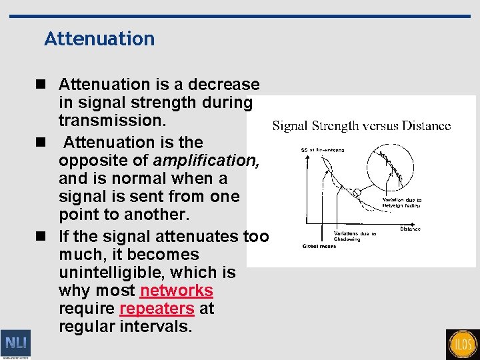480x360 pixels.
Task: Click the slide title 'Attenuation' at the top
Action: point(99,39)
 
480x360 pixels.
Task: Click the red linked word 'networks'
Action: point(177,291)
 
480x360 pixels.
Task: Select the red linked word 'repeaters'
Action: point(157,309)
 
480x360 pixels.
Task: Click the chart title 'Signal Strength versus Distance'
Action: point(361,125)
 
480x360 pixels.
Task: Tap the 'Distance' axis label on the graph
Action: point(410,229)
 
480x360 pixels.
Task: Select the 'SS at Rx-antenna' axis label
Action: point(323,150)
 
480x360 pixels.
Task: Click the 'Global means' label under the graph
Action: point(318,246)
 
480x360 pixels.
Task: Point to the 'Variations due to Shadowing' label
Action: point(355,236)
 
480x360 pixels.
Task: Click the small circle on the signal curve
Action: point(358,193)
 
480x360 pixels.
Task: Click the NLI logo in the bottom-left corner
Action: point(15,343)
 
